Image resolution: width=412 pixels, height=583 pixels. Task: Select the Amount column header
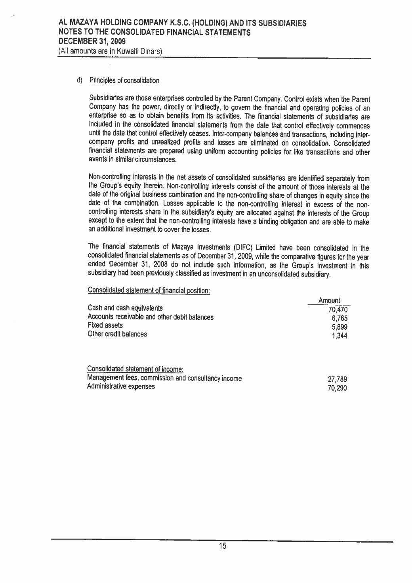click(x=329, y=301)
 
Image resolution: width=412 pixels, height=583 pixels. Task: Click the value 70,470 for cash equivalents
click(x=337, y=310)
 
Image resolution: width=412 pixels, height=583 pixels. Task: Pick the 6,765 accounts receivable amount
click(x=339, y=318)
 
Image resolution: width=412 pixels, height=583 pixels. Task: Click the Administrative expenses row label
click(x=121, y=387)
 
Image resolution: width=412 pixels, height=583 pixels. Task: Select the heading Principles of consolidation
click(x=124, y=81)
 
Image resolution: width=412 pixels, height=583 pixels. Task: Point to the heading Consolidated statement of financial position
click(x=149, y=290)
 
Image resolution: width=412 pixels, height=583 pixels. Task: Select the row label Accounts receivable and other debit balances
click(x=151, y=317)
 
